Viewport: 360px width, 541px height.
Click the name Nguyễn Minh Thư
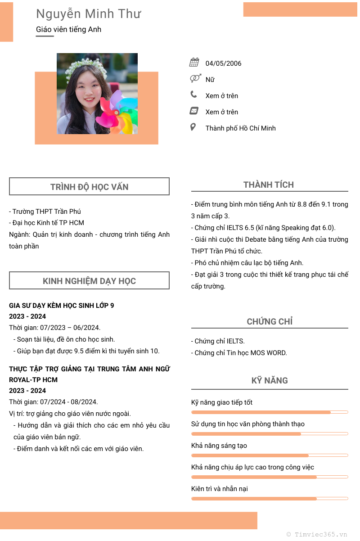pos(88,14)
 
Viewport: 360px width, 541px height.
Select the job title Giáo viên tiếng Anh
pos(68,30)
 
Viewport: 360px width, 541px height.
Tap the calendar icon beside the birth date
pos(194,63)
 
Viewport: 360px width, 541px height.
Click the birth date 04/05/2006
pos(223,63)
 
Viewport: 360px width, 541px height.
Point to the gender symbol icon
pos(195,79)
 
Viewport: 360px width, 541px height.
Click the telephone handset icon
pos(193,95)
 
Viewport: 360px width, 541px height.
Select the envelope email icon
pos(194,111)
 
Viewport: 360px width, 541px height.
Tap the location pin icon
pos(193,127)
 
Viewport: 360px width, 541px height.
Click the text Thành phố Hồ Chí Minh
pos(240,128)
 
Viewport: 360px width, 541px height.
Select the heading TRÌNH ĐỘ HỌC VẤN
pos(89,187)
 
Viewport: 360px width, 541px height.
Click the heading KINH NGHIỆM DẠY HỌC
pos(89,281)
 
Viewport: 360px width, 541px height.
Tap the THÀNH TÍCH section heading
pos(269,185)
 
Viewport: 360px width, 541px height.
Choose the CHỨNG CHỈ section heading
pos(270,322)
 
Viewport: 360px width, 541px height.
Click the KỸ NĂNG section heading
pos(270,381)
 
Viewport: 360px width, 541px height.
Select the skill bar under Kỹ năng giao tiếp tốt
pos(270,412)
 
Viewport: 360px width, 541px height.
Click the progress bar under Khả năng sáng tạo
pos(270,455)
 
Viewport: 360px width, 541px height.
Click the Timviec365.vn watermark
pos(317,535)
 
